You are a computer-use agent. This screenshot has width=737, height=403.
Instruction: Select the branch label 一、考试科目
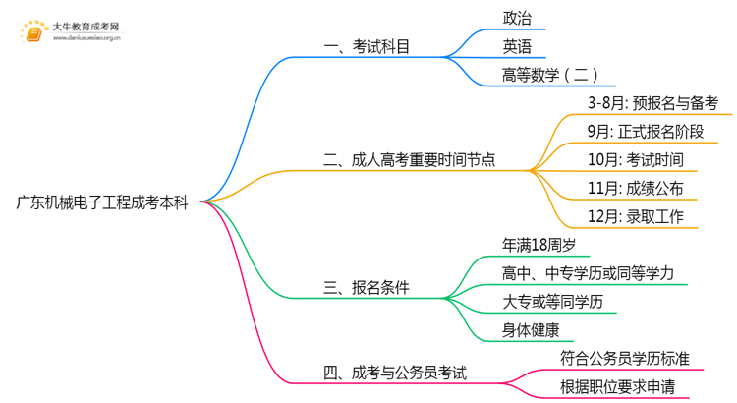pyautogui.click(x=368, y=45)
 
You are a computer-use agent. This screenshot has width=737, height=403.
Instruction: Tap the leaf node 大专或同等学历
pyautogui.click(x=551, y=302)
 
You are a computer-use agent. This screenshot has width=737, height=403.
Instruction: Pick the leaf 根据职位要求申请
pyautogui.click(x=617, y=387)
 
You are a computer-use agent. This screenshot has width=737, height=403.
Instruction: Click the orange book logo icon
pyautogui.click(x=32, y=30)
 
